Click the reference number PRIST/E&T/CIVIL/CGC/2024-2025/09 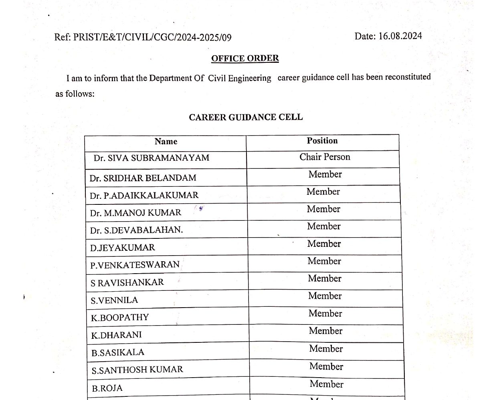pos(152,38)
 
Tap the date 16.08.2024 pos(400,36)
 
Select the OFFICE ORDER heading pos(245,58)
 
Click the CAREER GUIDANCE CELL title pos(246,117)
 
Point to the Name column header pos(166,141)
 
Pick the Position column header pos(322,140)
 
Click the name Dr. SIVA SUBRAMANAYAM pos(152,158)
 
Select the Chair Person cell pos(325,157)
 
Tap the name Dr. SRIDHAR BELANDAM pos(143,178)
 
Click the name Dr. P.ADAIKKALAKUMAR pos(144,196)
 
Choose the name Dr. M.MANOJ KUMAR pos(135,213)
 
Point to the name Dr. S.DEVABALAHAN pos(136,230)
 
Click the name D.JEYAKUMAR pos(122,248)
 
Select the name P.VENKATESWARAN pos(135,265)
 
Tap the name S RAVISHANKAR pos(127,283)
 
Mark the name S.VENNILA pos(114,300)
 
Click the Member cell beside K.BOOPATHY pos(325,313)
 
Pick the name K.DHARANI pos(116,335)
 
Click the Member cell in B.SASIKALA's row pos(326,349)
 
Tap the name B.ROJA pos(107,388)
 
